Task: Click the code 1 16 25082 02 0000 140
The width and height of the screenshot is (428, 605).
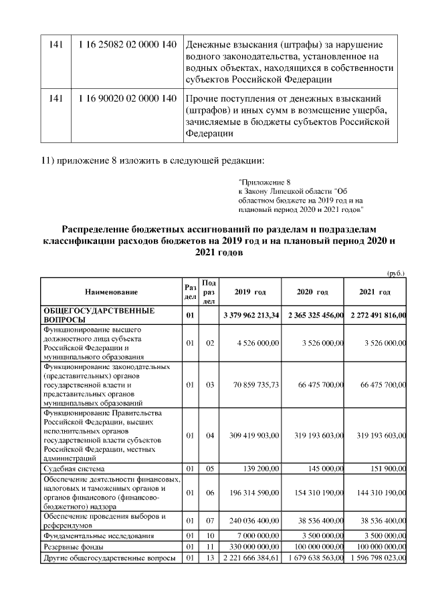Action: [x=127, y=44]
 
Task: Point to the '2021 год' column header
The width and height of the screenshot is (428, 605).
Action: [x=375, y=292]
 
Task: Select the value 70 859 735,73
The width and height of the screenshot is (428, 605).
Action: [x=252, y=385]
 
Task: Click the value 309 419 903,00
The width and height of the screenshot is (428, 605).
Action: [x=251, y=435]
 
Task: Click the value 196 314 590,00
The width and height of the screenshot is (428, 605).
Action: [x=251, y=493]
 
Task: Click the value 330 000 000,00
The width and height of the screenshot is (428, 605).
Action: [x=251, y=547]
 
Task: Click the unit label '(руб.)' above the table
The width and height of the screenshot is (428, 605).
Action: [x=396, y=273]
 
